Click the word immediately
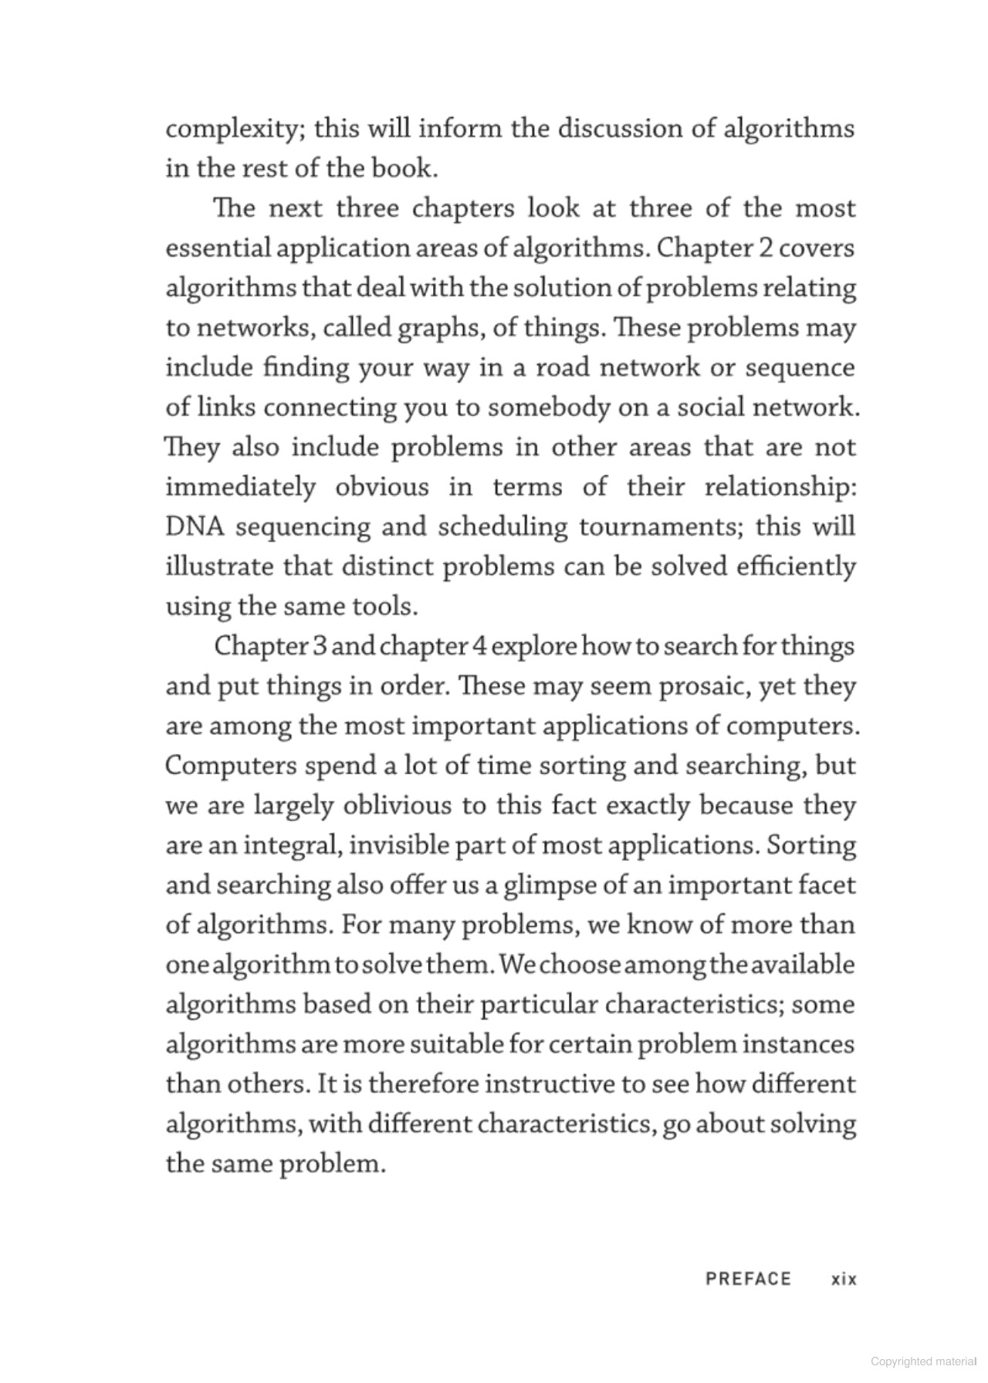[x=241, y=488]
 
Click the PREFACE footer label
[x=748, y=1279]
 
